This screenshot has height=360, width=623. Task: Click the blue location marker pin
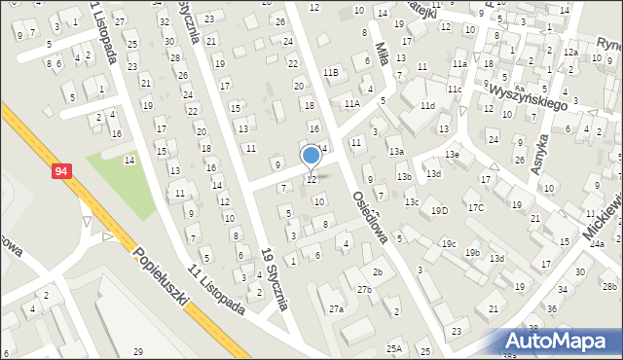(x=311, y=156)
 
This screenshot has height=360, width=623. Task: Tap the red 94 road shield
(x=62, y=171)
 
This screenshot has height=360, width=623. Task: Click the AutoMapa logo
(x=560, y=340)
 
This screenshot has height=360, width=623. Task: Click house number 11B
(x=331, y=72)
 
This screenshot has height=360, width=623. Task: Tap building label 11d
(x=427, y=105)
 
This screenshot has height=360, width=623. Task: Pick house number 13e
(x=452, y=155)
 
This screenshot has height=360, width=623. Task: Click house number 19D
(x=440, y=211)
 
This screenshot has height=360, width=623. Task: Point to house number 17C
(x=475, y=208)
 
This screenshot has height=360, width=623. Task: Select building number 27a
(x=337, y=308)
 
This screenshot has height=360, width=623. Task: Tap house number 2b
(x=377, y=271)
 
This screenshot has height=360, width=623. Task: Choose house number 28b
(x=609, y=285)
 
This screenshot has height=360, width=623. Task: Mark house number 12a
(x=570, y=53)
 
